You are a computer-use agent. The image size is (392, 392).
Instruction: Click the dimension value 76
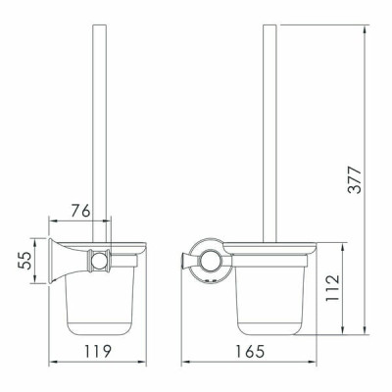(80, 211)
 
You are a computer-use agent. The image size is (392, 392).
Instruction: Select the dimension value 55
(24, 261)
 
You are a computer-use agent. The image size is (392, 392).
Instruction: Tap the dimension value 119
(98, 351)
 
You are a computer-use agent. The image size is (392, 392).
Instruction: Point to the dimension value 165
(250, 351)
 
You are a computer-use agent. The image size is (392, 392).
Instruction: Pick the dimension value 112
(333, 288)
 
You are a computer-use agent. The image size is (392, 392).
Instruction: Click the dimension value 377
(355, 180)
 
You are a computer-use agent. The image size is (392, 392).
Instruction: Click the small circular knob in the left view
(98, 262)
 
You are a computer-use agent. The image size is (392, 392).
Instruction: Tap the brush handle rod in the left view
(100, 133)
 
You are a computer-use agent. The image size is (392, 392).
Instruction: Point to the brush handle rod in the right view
(269, 133)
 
